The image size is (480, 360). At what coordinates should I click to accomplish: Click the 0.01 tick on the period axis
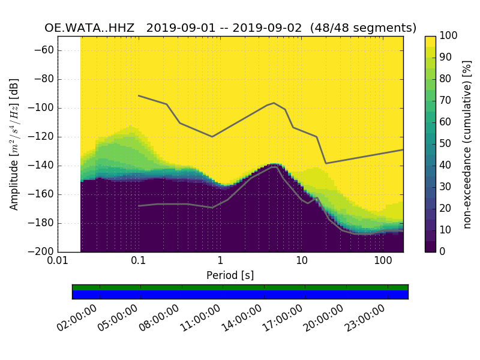(x=58, y=260)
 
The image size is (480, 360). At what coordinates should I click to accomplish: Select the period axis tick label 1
(x=220, y=260)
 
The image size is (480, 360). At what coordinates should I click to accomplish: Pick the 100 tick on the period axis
(x=383, y=260)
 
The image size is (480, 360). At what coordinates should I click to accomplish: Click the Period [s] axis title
(x=230, y=275)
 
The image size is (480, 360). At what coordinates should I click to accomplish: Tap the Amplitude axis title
(x=14, y=144)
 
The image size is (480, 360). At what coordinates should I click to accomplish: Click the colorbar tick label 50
(x=446, y=144)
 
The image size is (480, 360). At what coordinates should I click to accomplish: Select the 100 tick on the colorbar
(x=449, y=36)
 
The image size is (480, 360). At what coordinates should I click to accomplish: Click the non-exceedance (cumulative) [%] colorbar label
(x=467, y=144)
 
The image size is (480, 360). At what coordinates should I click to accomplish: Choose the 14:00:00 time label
(x=242, y=319)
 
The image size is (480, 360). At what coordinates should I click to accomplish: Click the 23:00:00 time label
(x=365, y=319)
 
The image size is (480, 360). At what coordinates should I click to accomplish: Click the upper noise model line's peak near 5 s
(x=274, y=103)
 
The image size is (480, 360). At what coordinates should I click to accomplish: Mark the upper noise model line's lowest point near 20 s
(x=326, y=163)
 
